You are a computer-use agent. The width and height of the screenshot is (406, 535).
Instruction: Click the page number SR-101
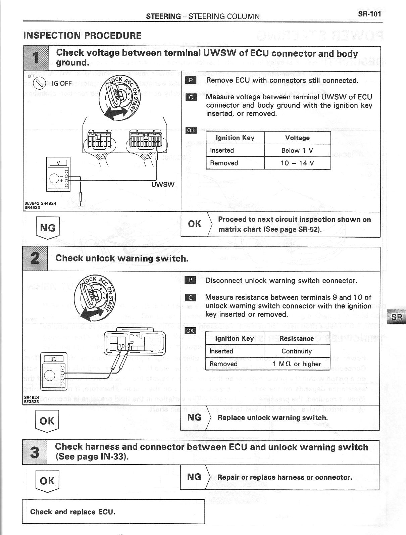[369, 14]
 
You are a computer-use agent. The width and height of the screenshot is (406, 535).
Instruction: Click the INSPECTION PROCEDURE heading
[82, 36]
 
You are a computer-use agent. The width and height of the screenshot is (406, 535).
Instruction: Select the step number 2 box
[35, 259]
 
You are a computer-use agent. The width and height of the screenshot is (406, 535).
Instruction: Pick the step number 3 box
[35, 452]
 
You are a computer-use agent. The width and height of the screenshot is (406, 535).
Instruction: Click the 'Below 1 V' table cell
[297, 150]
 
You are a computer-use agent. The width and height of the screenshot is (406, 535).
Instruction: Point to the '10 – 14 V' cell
[297, 163]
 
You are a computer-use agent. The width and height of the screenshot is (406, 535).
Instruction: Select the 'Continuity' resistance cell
[297, 351]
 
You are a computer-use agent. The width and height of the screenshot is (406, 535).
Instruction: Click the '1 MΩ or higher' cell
[297, 364]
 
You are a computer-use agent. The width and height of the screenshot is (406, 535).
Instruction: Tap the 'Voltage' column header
[297, 138]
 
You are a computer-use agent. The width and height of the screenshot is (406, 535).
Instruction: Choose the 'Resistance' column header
[297, 338]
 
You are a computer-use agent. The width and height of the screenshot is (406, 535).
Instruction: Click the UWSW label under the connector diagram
[163, 184]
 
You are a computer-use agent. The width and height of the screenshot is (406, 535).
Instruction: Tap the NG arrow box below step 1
[47, 228]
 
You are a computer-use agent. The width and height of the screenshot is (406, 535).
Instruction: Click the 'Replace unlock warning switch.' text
[272, 418]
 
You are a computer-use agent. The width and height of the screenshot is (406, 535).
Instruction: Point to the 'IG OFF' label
[62, 83]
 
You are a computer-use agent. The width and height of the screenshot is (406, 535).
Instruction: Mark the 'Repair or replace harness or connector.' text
[285, 477]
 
